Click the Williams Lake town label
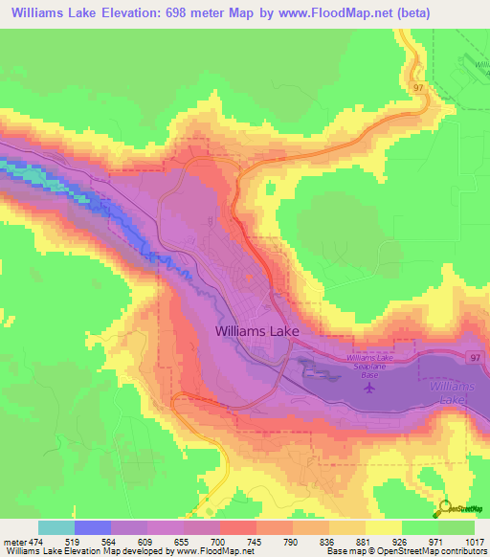coord(257,330)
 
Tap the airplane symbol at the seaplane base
coord(371,387)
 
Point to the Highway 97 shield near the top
coord(418,87)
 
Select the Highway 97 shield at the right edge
coord(476,356)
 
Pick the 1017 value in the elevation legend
coord(474,539)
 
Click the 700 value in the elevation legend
coord(219,539)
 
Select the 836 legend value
coord(328,539)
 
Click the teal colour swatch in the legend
coord(56,526)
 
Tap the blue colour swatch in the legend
coord(93,526)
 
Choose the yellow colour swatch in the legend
coord(384,526)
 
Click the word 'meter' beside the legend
coord(14,539)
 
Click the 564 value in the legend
coord(110,539)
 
